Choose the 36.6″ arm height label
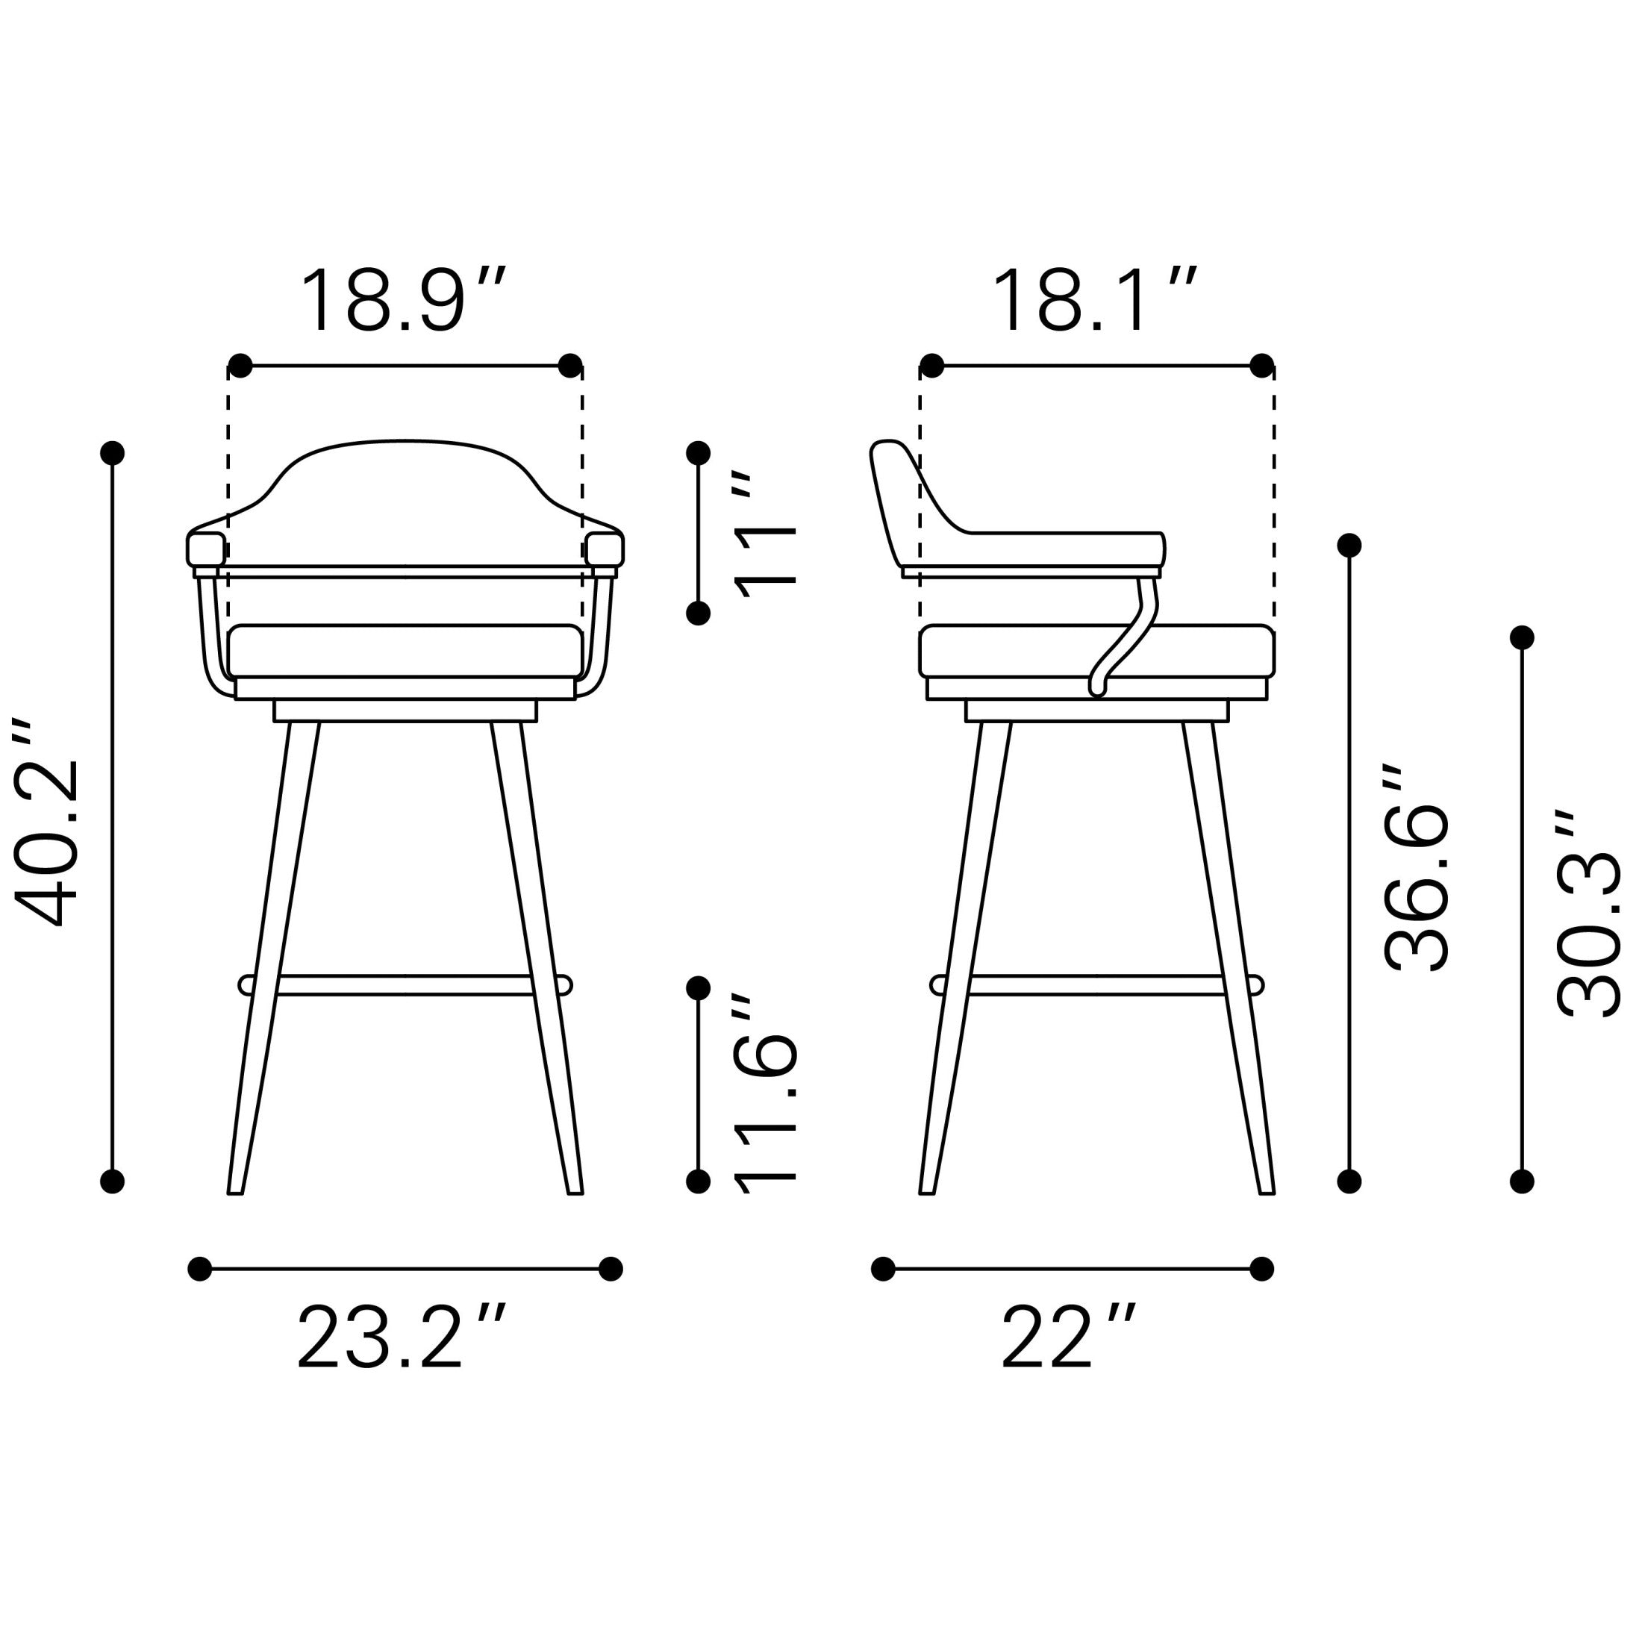[1416, 867]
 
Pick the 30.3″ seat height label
[1588, 913]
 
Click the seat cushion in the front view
[405, 651]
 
